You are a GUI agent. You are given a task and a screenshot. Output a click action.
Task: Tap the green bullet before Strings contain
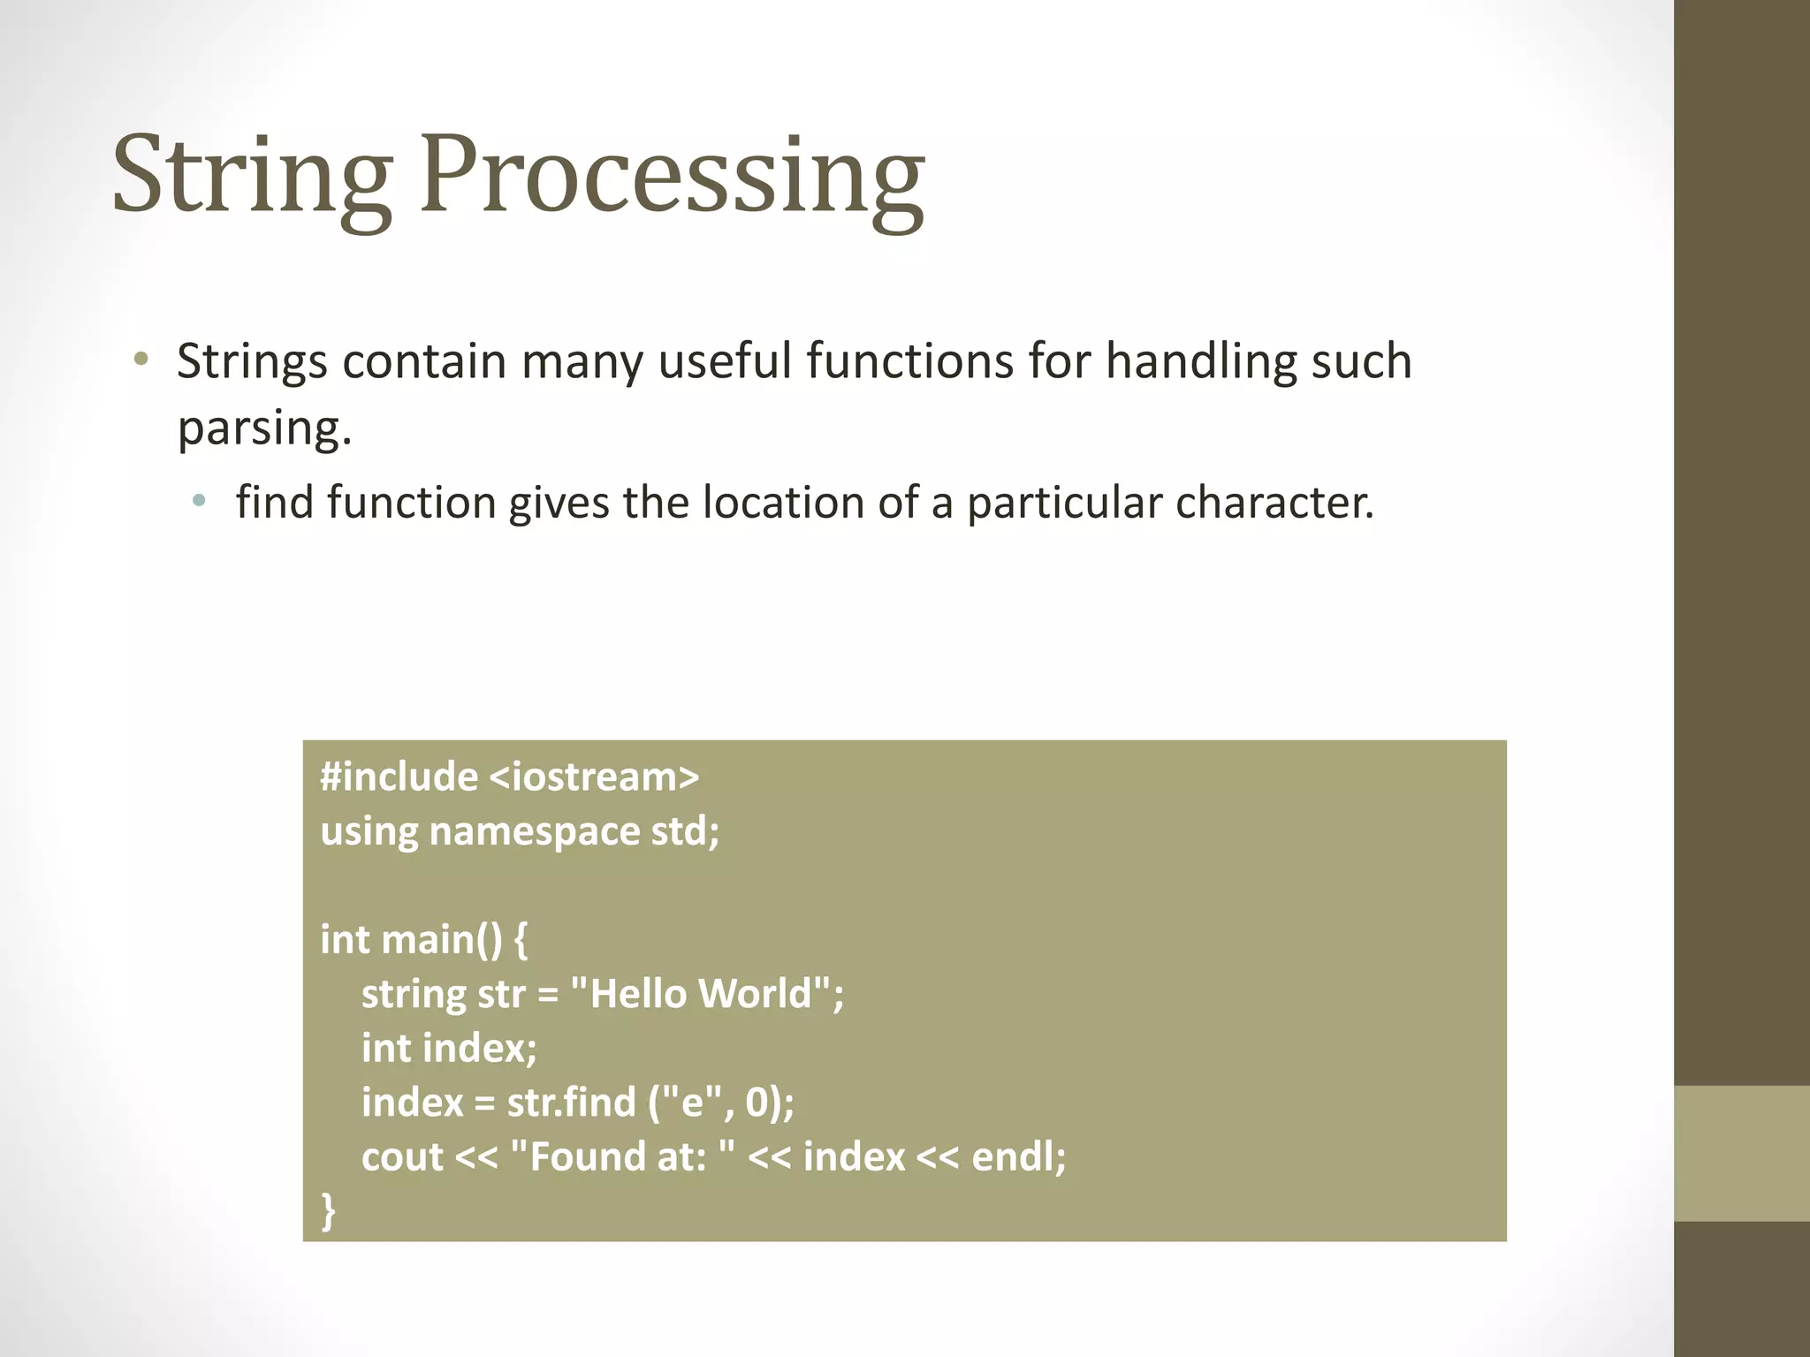click(141, 360)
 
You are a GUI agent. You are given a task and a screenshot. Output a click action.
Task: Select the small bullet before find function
click(200, 501)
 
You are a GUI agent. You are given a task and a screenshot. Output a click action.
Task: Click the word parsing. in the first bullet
click(264, 428)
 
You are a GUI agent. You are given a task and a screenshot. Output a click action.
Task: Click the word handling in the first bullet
click(1201, 361)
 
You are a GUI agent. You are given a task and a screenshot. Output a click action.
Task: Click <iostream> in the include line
click(593, 777)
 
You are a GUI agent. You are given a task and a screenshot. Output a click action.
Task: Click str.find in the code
click(571, 1103)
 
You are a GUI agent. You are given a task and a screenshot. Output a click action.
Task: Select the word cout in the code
click(402, 1157)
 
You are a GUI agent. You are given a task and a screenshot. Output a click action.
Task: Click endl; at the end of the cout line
click(1019, 1156)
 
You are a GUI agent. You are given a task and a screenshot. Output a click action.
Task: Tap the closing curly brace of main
click(328, 1210)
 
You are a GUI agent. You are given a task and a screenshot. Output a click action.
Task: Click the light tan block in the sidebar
click(1741, 1153)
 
